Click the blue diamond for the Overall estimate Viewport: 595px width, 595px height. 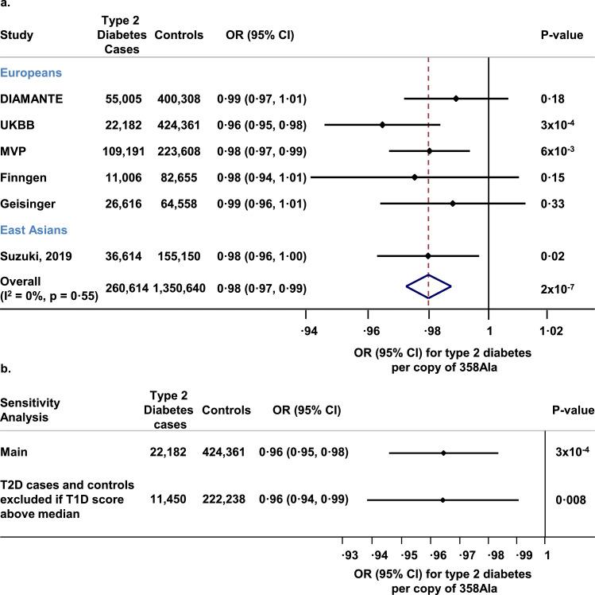pyautogui.click(x=429, y=288)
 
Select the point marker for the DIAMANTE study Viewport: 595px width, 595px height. pyautogui.click(x=456, y=99)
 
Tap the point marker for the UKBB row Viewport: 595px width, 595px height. pyautogui.click(x=382, y=125)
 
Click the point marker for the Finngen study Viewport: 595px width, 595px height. pyautogui.click(x=415, y=177)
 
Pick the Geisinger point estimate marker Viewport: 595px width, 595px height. pyautogui.click(x=453, y=204)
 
